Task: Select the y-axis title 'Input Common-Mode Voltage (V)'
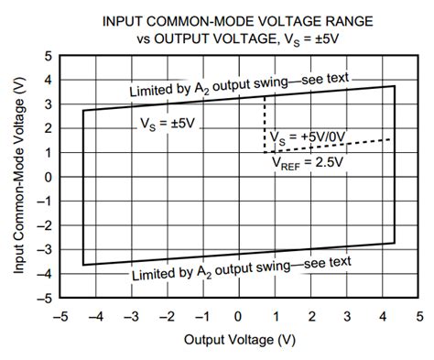click(x=19, y=177)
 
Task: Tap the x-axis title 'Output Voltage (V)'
click(x=239, y=340)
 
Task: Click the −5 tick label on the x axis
click(x=60, y=316)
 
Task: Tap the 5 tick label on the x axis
click(x=418, y=316)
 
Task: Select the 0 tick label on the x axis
click(x=240, y=316)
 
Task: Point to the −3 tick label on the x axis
click(x=132, y=316)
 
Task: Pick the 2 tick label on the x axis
click(x=311, y=316)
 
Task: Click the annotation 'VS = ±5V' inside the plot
click(x=169, y=122)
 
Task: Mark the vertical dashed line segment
click(x=265, y=124)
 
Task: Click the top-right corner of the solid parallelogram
click(x=395, y=86)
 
